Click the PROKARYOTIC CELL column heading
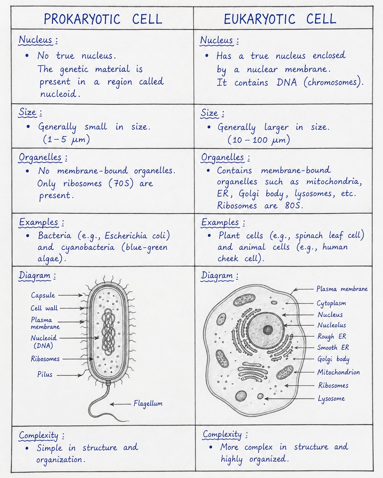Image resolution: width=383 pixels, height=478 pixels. point(103,19)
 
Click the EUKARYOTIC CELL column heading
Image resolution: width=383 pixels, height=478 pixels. point(280,19)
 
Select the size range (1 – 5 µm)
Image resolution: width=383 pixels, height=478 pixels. point(66,139)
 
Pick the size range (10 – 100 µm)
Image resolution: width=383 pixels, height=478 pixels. point(259,140)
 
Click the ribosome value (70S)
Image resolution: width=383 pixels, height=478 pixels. point(121,183)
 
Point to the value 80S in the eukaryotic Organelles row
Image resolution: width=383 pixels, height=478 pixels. point(294,206)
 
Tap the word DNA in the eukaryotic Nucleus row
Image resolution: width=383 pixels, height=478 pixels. point(287,83)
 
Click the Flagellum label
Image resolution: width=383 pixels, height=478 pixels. point(148,403)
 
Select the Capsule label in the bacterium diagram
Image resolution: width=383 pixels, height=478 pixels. point(43,295)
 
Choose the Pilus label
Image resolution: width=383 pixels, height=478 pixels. point(45,374)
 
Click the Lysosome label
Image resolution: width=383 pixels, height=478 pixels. point(331,399)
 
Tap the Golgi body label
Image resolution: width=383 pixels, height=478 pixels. point(333,359)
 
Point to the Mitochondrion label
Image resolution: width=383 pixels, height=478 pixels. point(338,372)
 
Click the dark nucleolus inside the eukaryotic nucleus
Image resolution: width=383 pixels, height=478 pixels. point(268,330)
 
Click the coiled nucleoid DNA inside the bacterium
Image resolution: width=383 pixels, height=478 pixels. point(108,332)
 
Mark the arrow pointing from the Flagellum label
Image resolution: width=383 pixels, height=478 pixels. point(120,404)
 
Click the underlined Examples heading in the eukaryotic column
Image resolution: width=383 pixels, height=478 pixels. point(220,223)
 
